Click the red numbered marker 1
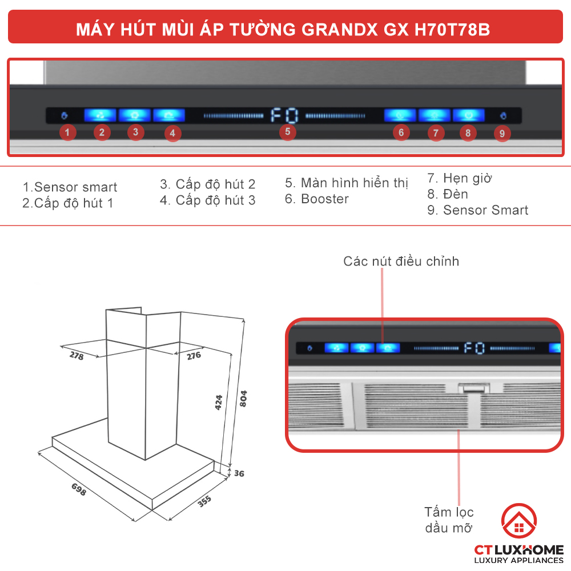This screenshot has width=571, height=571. click(67, 134)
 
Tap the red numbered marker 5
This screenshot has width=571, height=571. click(288, 132)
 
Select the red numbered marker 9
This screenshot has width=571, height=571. click(502, 134)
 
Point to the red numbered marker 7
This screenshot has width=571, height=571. click(435, 134)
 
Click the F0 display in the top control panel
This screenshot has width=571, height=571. click(284, 116)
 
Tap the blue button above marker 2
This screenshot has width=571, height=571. click(100, 115)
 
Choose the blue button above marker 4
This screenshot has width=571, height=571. click(169, 115)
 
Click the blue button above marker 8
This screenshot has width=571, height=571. click(468, 115)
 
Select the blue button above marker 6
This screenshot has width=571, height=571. click(400, 115)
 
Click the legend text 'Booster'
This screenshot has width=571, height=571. click(324, 199)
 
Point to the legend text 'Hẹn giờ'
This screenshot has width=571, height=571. click(467, 178)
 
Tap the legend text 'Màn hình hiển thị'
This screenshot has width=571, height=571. click(354, 183)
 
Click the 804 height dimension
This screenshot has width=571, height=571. click(243, 397)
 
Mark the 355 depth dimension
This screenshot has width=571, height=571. click(204, 500)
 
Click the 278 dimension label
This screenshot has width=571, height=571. click(77, 356)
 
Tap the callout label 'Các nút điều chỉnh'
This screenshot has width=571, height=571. click(401, 262)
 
